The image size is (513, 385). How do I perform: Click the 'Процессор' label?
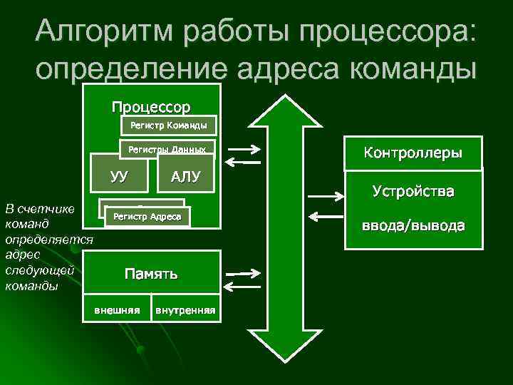tap(150, 108)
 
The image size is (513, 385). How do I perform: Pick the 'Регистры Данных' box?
tap(167, 149)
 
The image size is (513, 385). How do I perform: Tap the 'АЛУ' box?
tap(185, 176)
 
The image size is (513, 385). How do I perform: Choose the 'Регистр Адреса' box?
tap(147, 216)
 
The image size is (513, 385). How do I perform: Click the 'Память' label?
tap(151, 274)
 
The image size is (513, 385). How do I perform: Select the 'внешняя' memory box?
tap(117, 310)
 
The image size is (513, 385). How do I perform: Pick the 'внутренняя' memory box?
tap(185, 310)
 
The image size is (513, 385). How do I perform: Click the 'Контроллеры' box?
tap(413, 153)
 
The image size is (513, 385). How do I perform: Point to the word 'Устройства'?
tap(413, 192)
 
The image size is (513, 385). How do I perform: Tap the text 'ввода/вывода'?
tap(413, 226)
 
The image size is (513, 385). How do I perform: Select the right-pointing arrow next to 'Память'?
tap(239, 274)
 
